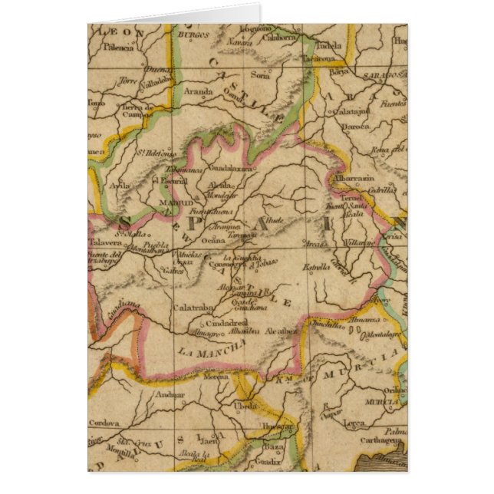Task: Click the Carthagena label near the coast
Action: [383, 441]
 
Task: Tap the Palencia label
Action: [115, 47]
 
